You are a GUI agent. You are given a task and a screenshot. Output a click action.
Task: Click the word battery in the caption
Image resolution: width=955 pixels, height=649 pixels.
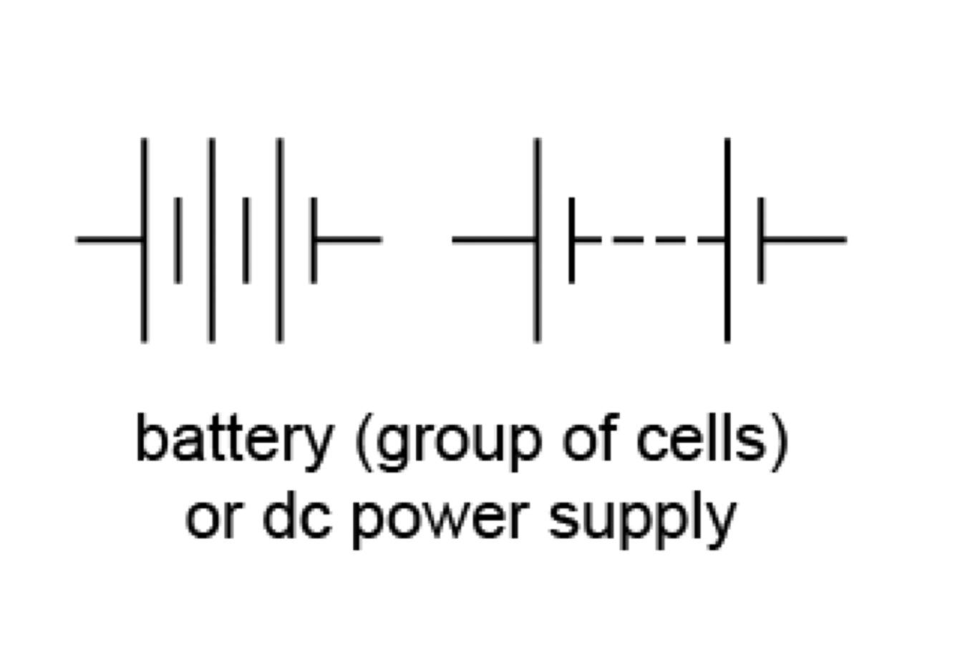[233, 439]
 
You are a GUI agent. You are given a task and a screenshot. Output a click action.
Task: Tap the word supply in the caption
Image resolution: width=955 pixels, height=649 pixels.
[641, 521]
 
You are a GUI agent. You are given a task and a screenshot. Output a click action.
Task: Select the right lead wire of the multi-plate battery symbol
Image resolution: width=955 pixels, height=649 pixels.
[349, 240]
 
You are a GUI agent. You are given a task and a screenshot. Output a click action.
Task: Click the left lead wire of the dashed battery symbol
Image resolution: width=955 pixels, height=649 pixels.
[493, 240]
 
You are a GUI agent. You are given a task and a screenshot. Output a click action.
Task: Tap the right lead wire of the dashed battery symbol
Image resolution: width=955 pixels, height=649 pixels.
[805, 240]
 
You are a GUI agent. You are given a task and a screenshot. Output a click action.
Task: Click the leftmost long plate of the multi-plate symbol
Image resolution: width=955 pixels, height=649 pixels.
[145, 240]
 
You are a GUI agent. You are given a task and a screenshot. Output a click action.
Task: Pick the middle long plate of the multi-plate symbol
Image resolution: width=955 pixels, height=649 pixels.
[212, 240]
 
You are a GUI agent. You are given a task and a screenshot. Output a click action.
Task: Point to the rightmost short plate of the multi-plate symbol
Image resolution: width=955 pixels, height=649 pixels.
[314, 240]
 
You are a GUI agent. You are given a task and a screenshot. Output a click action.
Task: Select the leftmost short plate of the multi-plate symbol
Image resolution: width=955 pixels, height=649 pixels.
[178, 240]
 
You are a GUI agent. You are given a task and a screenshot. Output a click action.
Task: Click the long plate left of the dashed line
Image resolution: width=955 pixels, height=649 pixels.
[537, 240]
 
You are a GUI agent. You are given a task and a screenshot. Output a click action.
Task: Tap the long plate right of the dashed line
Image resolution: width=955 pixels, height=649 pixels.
[727, 240]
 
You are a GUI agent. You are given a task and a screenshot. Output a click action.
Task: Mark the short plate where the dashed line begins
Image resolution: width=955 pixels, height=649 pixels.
[571, 240]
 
